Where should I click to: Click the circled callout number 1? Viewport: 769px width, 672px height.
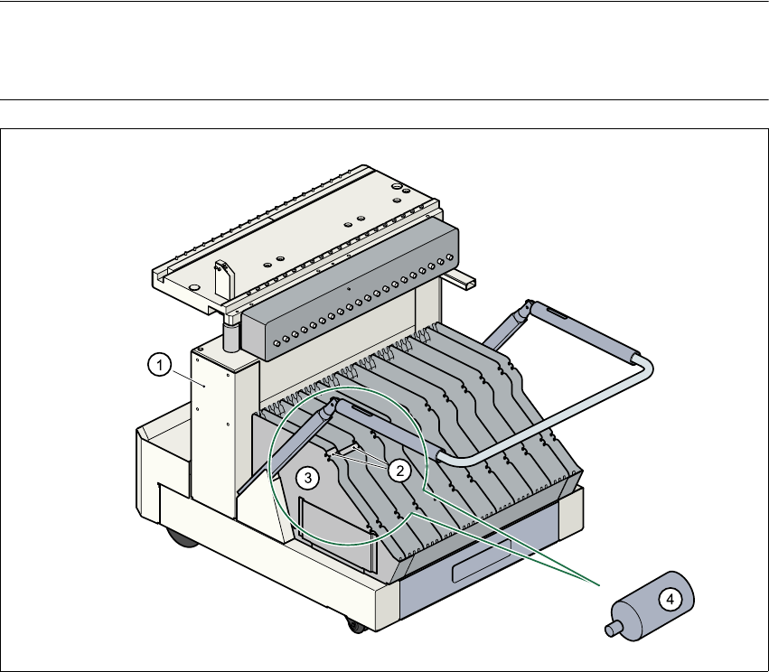[158, 365]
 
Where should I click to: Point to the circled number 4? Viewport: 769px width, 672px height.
[669, 598]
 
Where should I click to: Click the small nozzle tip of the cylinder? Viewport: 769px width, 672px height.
[610, 628]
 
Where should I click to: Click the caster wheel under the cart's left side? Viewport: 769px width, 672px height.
[181, 539]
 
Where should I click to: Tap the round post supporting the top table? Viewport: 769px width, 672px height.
[230, 335]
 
